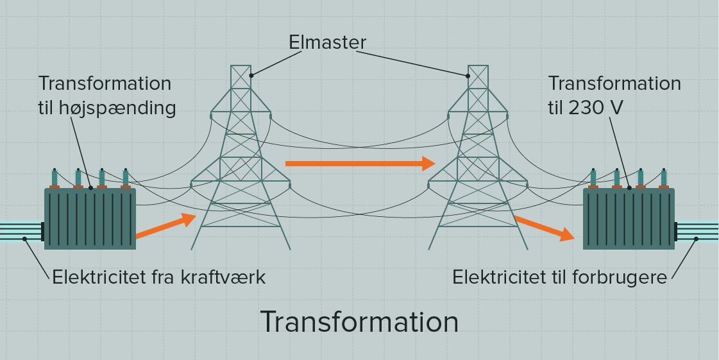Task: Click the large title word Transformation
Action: click(x=359, y=321)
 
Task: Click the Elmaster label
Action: click(x=327, y=43)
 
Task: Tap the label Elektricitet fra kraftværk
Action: click(x=158, y=277)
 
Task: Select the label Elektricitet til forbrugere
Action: click(x=560, y=277)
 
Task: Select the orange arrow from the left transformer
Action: click(x=165, y=227)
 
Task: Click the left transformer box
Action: click(x=90, y=218)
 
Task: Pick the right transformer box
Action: click(x=629, y=218)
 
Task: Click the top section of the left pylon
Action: click(x=241, y=80)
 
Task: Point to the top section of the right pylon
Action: click(x=478, y=80)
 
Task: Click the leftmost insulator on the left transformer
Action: click(x=55, y=178)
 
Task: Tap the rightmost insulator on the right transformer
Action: click(x=664, y=178)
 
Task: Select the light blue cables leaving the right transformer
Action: click(x=699, y=231)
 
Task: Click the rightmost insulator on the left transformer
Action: click(x=125, y=178)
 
